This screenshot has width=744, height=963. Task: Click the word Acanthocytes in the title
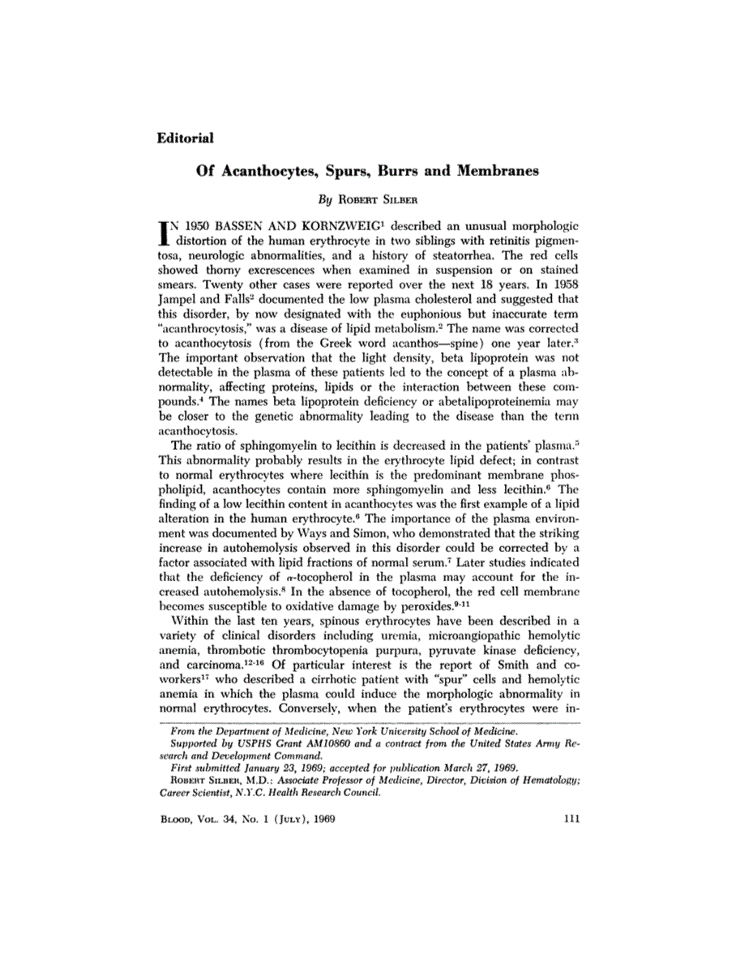point(273,172)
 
